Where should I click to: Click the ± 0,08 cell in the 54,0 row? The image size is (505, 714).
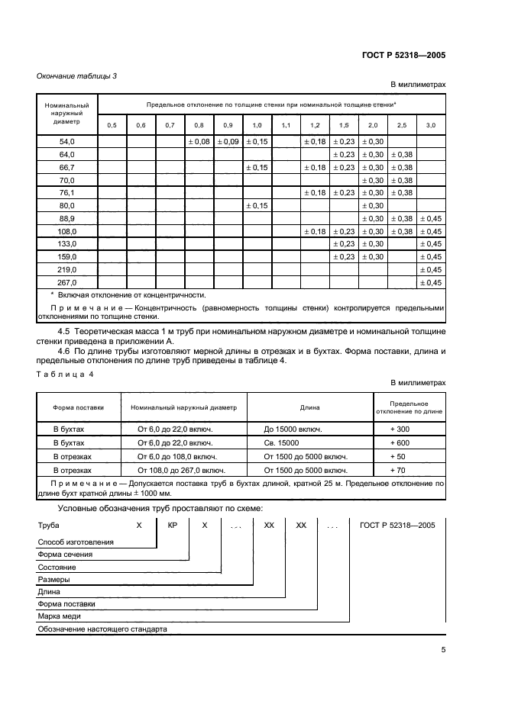click(199, 141)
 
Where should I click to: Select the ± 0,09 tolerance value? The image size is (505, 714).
click(228, 141)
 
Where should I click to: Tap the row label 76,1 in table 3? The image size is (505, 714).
click(66, 192)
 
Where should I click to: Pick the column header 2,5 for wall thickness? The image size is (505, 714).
click(402, 124)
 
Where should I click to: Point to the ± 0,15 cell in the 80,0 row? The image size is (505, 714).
click(257, 205)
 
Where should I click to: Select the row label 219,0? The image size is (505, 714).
click(66, 269)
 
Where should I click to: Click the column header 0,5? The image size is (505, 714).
click(112, 124)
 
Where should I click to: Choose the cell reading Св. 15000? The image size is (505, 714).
click(280, 442)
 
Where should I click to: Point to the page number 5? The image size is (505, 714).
click(443, 650)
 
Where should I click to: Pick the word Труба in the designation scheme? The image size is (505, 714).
click(48, 526)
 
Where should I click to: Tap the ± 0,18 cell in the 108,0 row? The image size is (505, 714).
click(315, 231)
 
